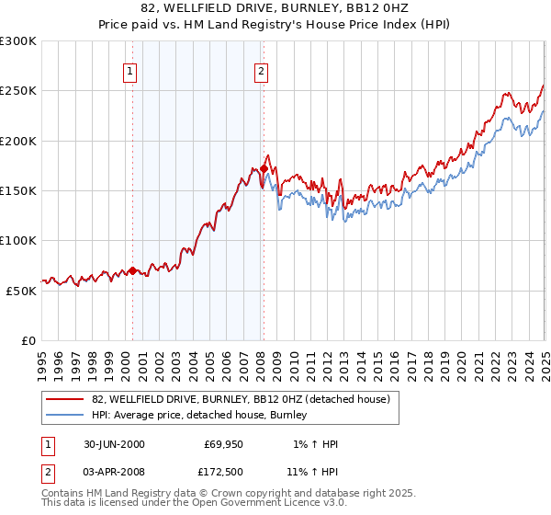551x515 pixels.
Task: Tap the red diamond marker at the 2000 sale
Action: pos(132,270)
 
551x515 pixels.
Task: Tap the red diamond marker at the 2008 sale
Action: pos(264,168)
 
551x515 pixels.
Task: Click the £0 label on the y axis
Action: pos(28,340)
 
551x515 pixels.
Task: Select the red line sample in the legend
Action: pos(64,399)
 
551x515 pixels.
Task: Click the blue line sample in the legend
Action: pos(64,416)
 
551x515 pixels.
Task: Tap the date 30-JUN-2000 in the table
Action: pos(114,444)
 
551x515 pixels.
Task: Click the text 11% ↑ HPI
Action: pos(312,472)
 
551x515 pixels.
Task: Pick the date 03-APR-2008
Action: pos(114,472)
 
